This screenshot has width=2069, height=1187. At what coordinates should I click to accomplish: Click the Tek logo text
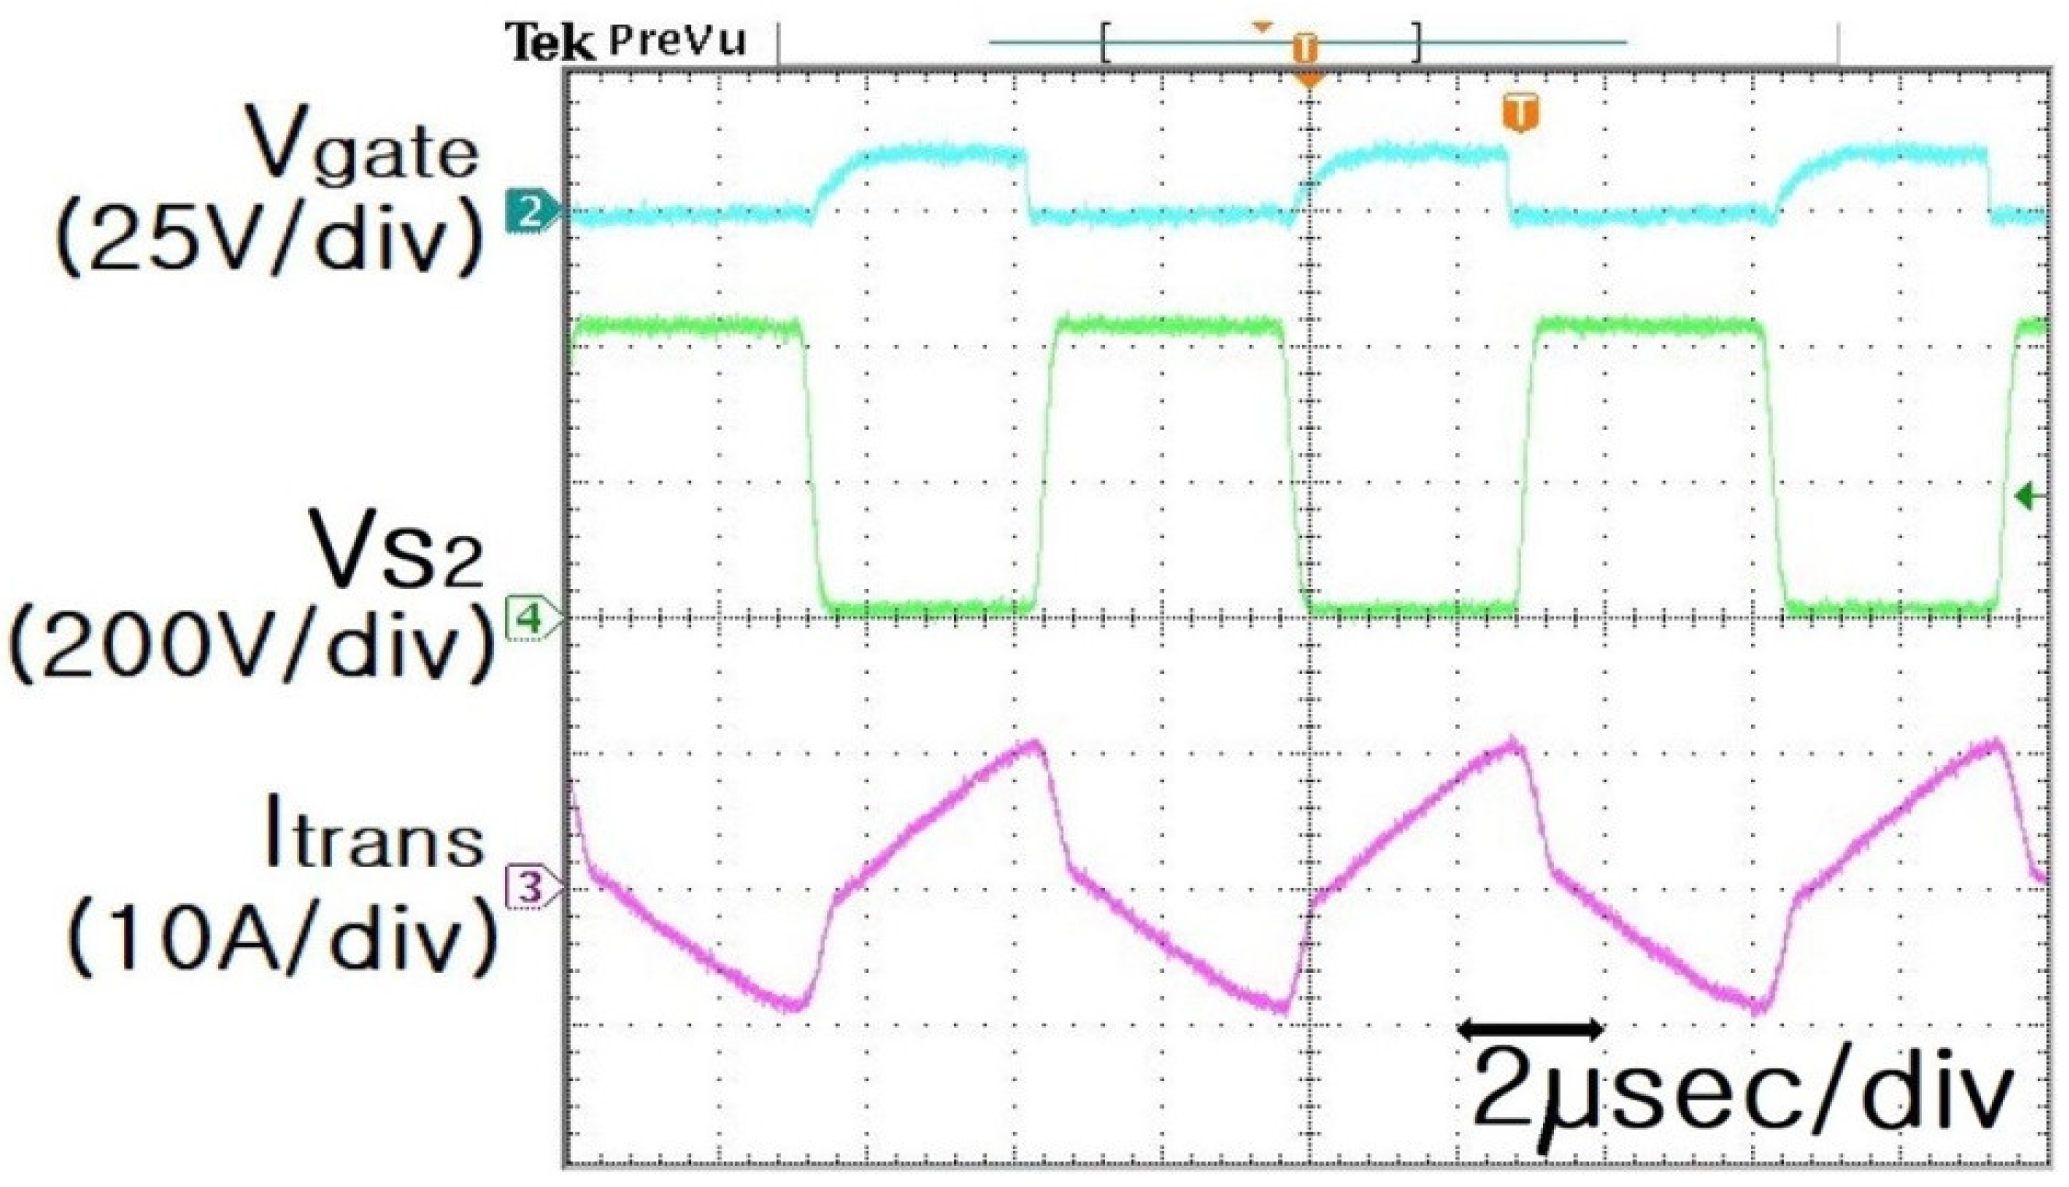coord(549,42)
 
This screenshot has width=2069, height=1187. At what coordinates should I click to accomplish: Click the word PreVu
coord(678,39)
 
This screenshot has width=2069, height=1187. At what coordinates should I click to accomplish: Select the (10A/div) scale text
coord(281,938)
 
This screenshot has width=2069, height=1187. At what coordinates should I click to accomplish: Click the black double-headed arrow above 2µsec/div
coord(1530,1029)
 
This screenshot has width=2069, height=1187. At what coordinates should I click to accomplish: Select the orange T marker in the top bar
coord(1305,49)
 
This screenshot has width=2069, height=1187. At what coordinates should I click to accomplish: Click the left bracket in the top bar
coord(1106,42)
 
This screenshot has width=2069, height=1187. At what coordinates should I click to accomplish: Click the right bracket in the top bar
coord(1417,42)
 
